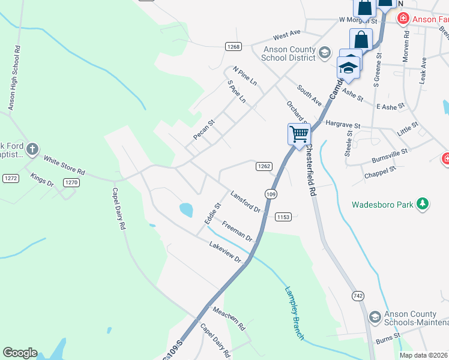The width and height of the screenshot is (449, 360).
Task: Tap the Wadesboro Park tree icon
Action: [x=423, y=205]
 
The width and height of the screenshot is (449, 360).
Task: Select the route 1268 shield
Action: [x=234, y=47]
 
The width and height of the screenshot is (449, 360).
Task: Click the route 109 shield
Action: [x=271, y=194]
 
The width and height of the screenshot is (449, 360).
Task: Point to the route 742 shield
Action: [x=358, y=296]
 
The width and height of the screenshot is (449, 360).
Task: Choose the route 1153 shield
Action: [x=283, y=217]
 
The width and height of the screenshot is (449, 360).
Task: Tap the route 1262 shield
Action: [x=264, y=166]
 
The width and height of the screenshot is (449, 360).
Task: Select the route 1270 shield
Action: [x=71, y=182]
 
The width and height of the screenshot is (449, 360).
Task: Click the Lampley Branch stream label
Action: [x=294, y=313]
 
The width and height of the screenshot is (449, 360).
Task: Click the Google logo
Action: [x=20, y=353]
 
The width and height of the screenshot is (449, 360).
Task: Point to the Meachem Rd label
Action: [x=229, y=319]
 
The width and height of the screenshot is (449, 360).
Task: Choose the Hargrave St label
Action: [x=342, y=124]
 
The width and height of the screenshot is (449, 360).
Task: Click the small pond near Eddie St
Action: [x=186, y=209]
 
